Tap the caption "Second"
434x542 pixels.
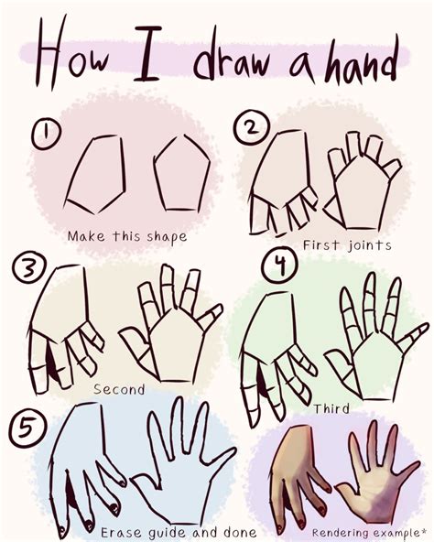pyautogui.click(x=118, y=389)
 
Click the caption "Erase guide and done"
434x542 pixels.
pyautogui.click(x=179, y=532)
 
